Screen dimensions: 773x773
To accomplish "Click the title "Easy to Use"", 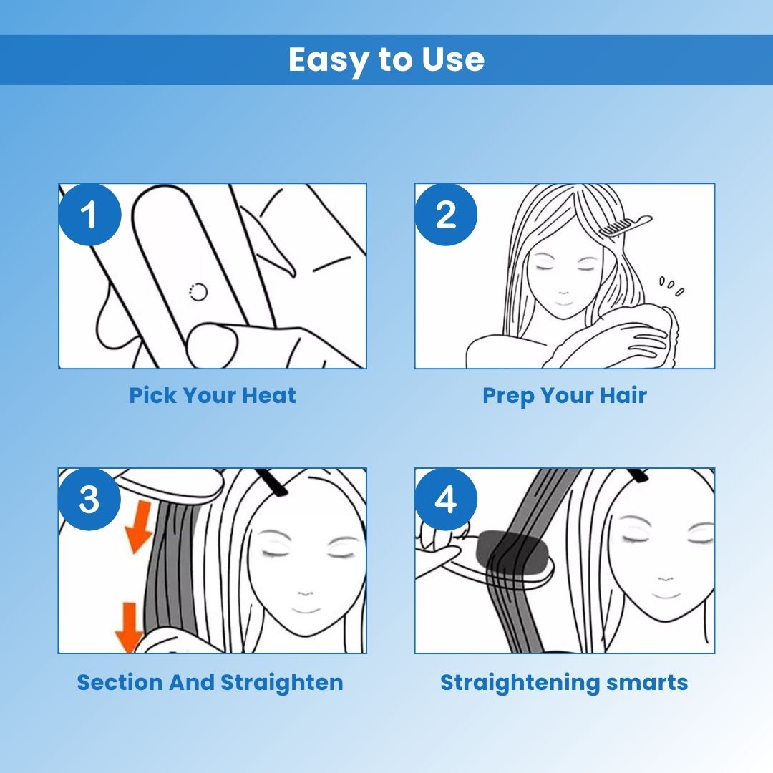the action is [386, 59].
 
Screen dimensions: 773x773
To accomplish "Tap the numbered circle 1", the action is [89, 215].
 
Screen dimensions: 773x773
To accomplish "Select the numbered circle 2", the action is [446, 215].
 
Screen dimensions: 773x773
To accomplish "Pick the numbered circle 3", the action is [89, 499].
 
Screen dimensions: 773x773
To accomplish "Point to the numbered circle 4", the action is [446, 499].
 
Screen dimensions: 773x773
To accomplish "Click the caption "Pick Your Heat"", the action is [213, 395].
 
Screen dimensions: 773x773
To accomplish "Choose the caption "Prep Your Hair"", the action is [565, 395].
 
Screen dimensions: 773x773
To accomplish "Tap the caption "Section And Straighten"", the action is [210, 683].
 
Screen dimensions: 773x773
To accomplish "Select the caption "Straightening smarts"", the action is [564, 683].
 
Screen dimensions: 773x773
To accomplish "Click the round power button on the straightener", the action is [199, 292].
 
